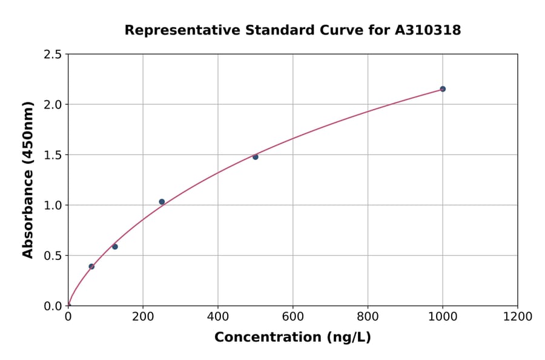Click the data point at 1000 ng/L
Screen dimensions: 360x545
443,89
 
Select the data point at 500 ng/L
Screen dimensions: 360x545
256,157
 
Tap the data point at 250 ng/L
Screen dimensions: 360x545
162,202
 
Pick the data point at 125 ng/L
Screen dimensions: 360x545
115,247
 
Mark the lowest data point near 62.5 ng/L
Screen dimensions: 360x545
91,267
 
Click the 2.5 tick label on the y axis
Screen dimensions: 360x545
53,55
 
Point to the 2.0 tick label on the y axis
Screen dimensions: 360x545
53,105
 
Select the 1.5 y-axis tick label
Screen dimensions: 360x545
53,155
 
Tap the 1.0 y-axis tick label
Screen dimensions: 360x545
53,205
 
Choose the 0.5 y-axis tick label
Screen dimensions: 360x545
53,256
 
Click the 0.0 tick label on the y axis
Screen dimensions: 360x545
53,306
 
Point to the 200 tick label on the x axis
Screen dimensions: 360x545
143,317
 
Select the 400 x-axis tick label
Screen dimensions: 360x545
218,317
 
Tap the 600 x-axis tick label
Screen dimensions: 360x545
293,317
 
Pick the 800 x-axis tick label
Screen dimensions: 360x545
368,317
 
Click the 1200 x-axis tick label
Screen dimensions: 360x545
518,317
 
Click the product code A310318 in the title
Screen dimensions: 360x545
428,30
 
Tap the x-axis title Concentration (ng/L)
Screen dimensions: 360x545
292,338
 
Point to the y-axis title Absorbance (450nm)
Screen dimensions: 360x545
28,179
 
